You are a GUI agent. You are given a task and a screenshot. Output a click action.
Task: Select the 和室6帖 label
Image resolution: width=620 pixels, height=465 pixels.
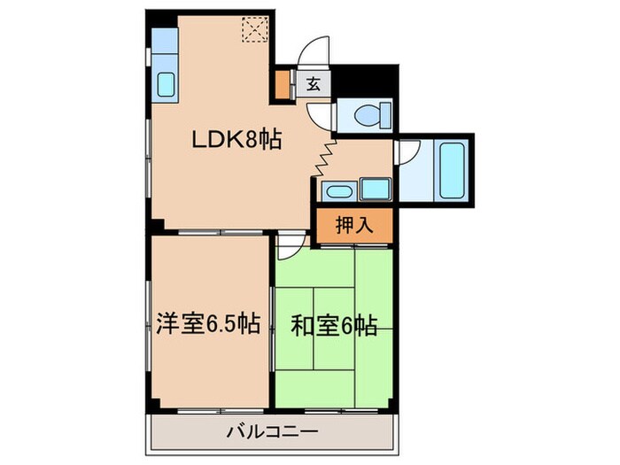pos(334,326)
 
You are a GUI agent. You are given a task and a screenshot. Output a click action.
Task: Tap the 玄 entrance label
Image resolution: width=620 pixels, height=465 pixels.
pos(314,85)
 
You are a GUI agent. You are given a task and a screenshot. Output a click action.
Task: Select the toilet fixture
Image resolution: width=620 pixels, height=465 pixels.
pos(366,115)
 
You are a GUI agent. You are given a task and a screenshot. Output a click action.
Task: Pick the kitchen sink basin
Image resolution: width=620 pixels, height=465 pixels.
pos(166,84)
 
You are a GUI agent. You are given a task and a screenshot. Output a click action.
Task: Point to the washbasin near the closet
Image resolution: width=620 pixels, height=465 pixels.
pos(337,190)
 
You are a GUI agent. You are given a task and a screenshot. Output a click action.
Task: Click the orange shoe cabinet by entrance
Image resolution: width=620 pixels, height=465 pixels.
pos(283,87)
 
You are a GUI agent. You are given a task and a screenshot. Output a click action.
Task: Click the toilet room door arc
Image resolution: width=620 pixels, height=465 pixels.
pos(321,113)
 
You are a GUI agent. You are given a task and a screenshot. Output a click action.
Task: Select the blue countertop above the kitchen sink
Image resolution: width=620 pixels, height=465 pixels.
pos(165,43)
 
